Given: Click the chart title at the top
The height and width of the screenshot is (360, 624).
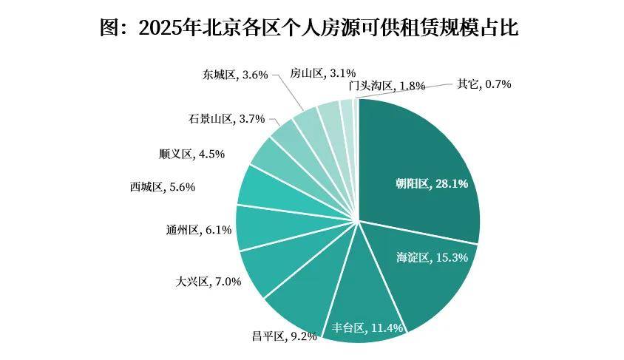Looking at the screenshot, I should (x=310, y=29).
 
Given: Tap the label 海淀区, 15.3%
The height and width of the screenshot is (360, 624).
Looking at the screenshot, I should (x=433, y=257).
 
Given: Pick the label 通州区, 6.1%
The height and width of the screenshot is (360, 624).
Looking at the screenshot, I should (x=199, y=230).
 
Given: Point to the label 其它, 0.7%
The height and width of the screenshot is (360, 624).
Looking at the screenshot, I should (x=484, y=84).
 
